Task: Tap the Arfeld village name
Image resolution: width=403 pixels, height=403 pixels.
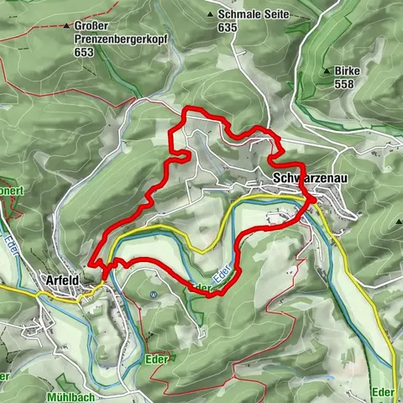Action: point(61,280)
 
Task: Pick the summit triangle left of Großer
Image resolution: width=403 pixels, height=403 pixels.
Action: point(66,26)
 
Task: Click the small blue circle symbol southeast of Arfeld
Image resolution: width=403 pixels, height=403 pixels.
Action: point(154,295)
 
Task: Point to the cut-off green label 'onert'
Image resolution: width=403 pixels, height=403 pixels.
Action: point(10,191)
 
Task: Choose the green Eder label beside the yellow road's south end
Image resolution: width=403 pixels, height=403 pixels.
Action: point(383,391)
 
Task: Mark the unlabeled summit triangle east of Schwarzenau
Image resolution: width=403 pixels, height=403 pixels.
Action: point(398,222)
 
